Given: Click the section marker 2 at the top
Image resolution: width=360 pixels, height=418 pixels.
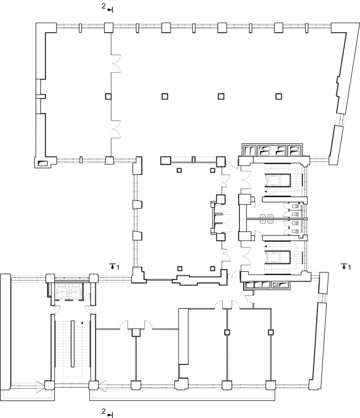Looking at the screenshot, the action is point(107,7).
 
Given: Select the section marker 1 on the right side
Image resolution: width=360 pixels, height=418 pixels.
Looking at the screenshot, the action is point(346,266).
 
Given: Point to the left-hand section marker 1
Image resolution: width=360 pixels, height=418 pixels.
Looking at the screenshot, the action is point(115,266).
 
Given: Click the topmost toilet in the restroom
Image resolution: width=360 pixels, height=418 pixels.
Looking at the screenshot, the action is point(295,206).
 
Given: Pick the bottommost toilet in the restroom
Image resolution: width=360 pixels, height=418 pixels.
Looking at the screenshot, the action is point(295,231).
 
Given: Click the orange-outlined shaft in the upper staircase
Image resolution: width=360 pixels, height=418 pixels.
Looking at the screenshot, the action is point(277,180).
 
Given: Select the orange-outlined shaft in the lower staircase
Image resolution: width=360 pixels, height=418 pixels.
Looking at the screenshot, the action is point(277,257).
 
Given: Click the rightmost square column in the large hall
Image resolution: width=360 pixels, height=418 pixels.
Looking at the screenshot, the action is point(279,96).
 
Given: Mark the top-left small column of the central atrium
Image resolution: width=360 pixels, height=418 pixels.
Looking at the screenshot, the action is point(179,170).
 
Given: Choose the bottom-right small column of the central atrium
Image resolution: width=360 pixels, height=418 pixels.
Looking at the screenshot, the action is point(213,269).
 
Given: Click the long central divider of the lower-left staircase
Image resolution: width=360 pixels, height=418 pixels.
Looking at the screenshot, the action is point(73,344).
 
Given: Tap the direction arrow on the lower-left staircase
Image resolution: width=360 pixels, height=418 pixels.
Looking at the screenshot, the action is point(82,323).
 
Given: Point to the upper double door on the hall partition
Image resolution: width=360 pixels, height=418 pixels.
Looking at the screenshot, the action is point(116,64).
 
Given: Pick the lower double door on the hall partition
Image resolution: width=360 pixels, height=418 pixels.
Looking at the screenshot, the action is point(116,130).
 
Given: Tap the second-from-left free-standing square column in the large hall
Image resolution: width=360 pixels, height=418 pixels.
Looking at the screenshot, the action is point(165,96).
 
